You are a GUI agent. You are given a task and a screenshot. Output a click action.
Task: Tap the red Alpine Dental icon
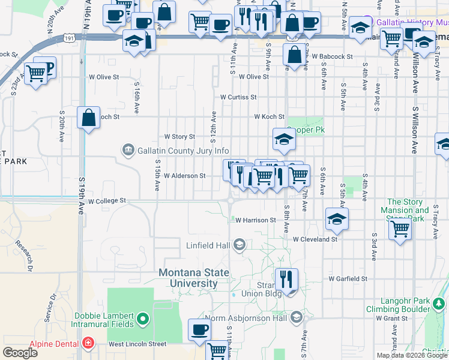pyautogui.click(x=88, y=343)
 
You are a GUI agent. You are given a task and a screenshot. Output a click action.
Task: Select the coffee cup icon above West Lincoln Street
pyautogui.click(x=199, y=329)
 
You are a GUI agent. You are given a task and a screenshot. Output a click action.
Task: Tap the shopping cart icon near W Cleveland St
pyautogui.click(x=400, y=228)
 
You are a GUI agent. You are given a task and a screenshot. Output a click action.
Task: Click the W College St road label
pyautogui.click(x=107, y=201)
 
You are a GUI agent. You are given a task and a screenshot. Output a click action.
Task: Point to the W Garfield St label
pyautogui.click(x=348, y=279)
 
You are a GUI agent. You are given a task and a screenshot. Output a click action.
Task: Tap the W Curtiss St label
pyautogui.click(x=238, y=97)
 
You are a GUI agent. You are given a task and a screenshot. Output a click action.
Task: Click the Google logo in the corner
pyautogui.click(x=20, y=353)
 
